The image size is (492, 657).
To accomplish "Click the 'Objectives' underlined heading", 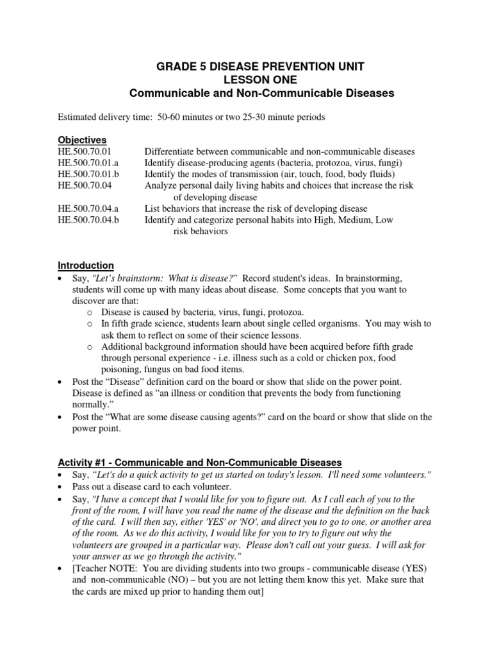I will point(82,140).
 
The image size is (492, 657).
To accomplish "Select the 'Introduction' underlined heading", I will point(86,265).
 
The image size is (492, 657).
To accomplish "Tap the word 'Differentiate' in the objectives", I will point(170,151).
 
